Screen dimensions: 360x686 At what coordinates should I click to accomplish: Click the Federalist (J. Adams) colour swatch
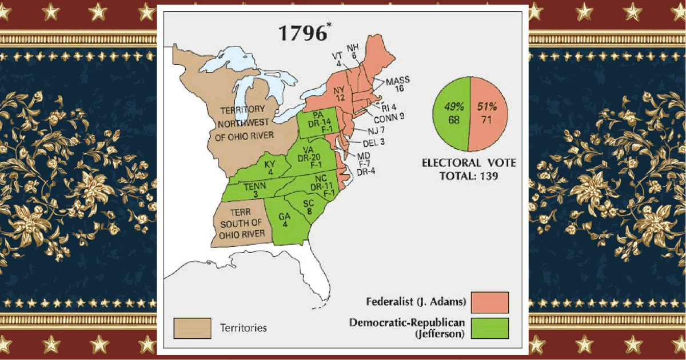[x=490, y=302]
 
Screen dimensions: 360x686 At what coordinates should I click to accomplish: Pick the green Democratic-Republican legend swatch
[x=490, y=328]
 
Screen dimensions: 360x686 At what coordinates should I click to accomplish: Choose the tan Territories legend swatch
[x=192, y=328]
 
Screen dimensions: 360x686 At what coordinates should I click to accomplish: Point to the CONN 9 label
[x=390, y=119]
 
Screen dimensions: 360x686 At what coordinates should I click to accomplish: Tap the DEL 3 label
[x=374, y=142]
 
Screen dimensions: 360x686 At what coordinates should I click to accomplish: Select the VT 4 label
[x=337, y=59]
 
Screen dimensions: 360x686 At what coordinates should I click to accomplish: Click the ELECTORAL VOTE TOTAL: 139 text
[x=469, y=169]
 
